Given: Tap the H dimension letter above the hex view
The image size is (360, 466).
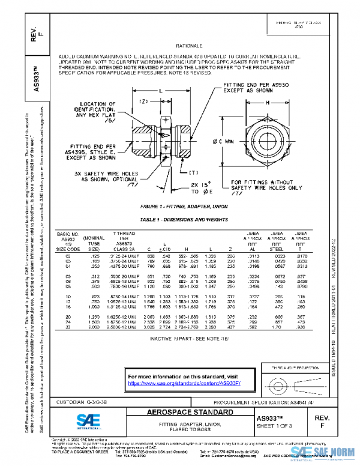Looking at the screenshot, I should coord(265,103).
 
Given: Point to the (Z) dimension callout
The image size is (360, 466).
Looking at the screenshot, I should coord(144,101).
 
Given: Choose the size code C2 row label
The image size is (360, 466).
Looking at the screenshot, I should coord(68,256).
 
